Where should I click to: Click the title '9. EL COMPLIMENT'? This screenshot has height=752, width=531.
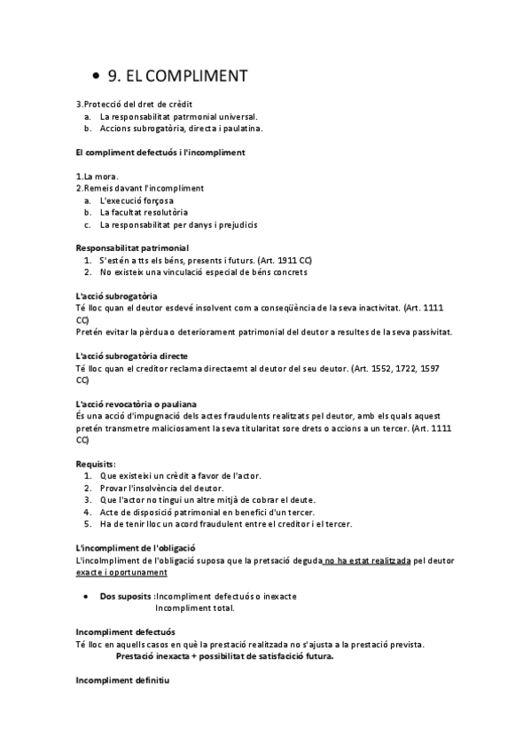tap(177, 75)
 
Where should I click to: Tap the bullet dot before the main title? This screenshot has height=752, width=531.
tap(96, 76)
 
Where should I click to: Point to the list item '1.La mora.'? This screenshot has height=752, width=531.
tap(98, 176)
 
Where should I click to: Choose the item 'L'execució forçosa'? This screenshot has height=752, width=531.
tap(139, 200)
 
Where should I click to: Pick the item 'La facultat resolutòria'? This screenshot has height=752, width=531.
tap(144, 213)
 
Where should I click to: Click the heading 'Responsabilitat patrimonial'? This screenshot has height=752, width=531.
tap(132, 247)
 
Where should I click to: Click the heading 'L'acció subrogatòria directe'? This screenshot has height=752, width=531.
tap(137, 356)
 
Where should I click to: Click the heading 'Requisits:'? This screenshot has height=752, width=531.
tap(97, 464)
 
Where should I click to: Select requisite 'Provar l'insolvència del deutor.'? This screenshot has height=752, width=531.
tap(162, 488)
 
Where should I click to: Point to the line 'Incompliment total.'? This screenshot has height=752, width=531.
tap(195, 608)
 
